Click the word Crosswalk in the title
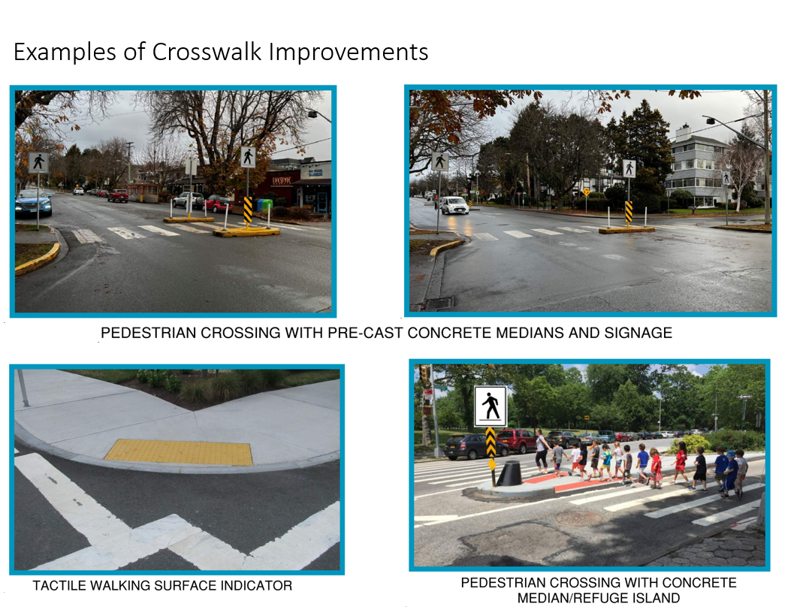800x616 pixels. (207, 52)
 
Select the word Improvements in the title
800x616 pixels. (349, 52)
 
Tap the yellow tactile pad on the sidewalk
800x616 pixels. (179, 452)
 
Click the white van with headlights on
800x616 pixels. (454, 205)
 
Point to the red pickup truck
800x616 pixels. (118, 195)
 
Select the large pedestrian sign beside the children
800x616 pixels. (491, 406)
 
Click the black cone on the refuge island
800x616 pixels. (509, 473)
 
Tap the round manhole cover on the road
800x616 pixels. (578, 518)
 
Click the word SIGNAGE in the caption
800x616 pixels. (638, 333)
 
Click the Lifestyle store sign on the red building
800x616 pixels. (281, 180)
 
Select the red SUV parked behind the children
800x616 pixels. (516, 440)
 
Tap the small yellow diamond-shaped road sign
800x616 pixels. (586, 192)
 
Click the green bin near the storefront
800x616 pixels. (265, 204)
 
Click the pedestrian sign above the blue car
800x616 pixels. (38, 163)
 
